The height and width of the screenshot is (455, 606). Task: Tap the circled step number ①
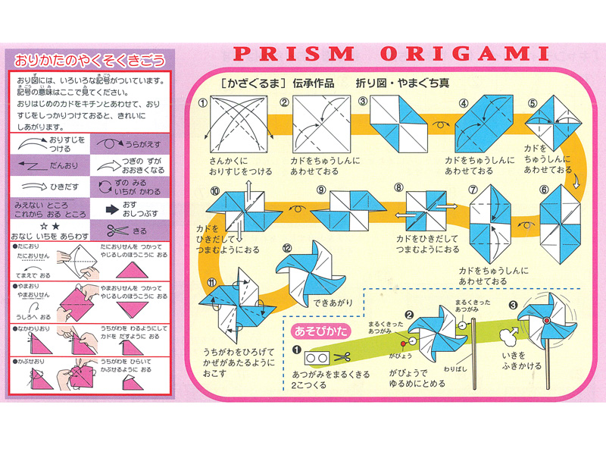tap(203, 103)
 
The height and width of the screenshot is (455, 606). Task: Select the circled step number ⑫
tap(286, 248)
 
